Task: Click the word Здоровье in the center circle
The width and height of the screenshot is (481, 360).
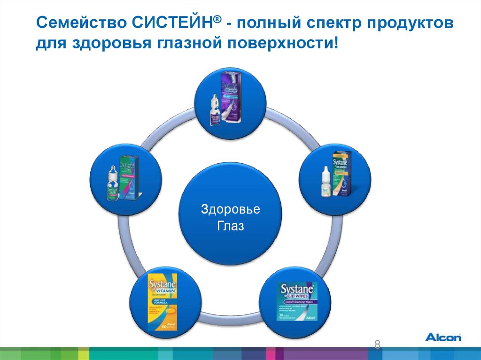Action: [x=230, y=209]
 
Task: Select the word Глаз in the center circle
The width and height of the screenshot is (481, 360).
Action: [x=231, y=227]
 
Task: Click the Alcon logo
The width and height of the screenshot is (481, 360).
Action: [x=443, y=337]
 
